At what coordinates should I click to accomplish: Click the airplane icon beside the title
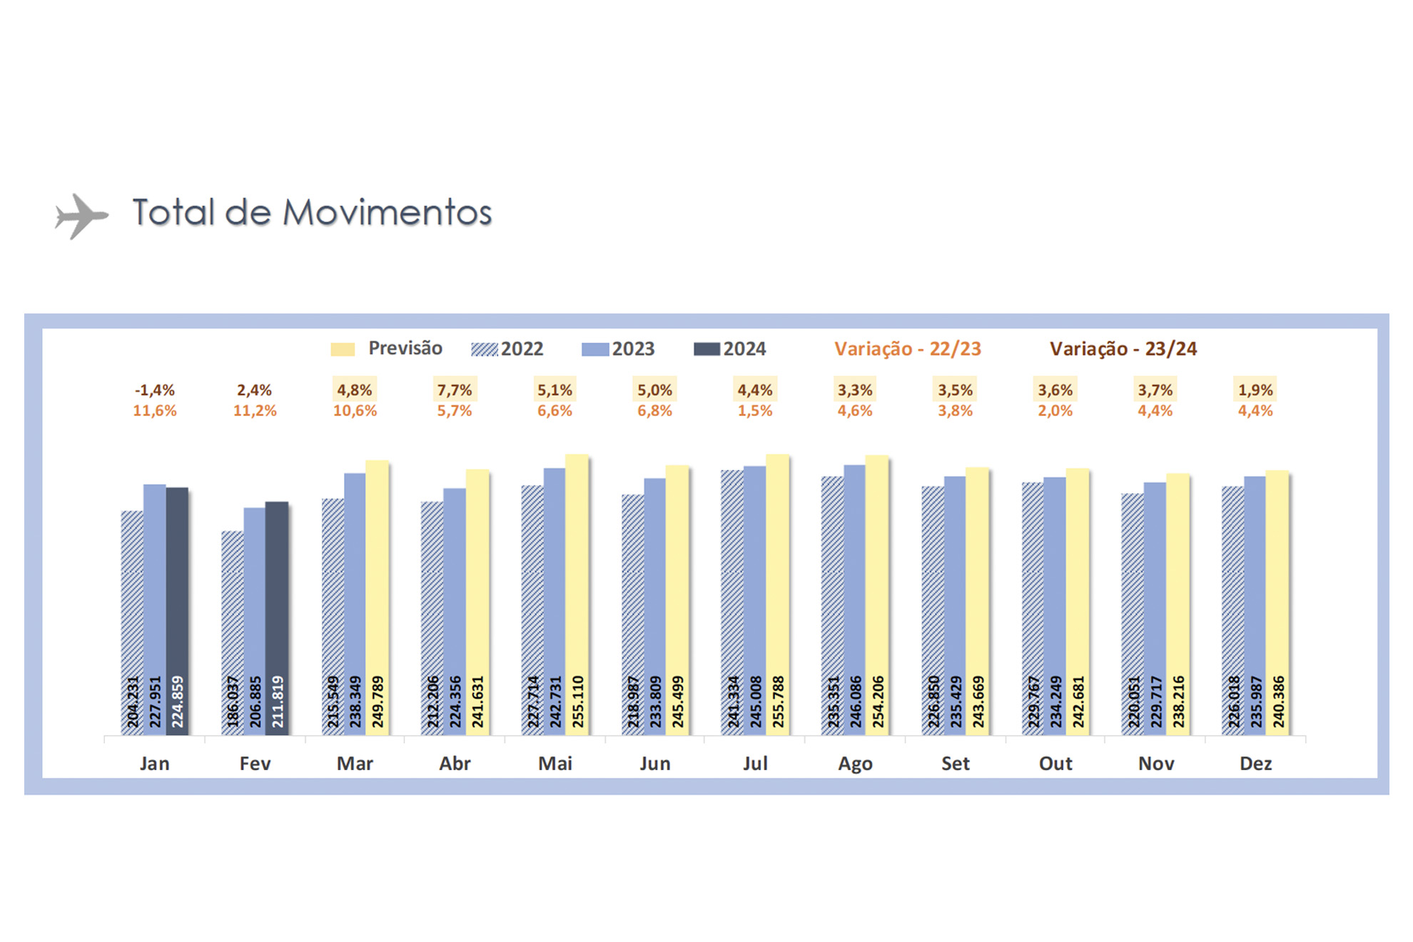[x=81, y=216]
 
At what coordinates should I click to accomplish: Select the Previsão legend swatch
[x=343, y=349]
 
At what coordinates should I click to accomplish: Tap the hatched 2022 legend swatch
[x=485, y=349]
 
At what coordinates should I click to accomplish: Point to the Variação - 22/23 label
[x=907, y=349]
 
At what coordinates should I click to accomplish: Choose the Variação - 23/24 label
[x=1123, y=349]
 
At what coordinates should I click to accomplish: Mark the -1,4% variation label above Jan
[x=155, y=390]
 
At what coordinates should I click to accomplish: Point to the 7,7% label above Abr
[x=455, y=390]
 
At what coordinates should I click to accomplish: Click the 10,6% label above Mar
[x=355, y=411]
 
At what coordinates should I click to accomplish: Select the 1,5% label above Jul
[x=755, y=411]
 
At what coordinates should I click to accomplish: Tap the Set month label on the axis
[x=955, y=764]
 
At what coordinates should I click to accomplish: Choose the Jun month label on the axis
[x=654, y=764]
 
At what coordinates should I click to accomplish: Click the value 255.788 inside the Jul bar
[x=778, y=702]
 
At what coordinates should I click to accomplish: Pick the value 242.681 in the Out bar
[x=1078, y=702]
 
